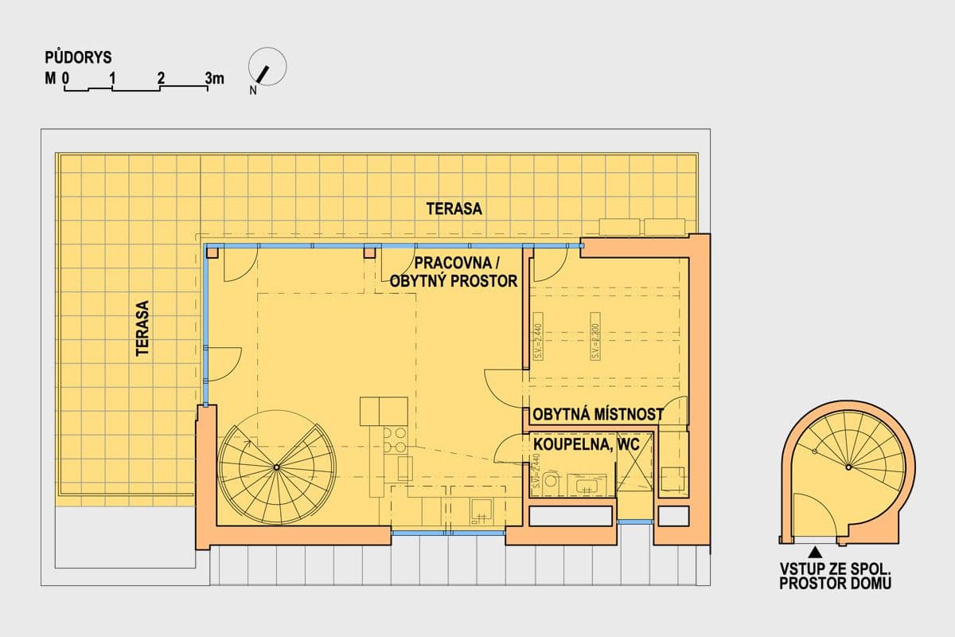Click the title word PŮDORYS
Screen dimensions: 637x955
(78, 57)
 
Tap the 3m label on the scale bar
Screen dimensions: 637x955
(214, 78)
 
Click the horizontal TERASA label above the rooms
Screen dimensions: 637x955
(454, 209)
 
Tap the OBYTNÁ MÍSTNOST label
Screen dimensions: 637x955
(598, 415)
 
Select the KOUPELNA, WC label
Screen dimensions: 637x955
(585, 447)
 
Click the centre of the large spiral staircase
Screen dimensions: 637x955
(276, 467)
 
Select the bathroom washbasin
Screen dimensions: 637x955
(592, 484)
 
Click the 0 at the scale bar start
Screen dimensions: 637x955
(67, 78)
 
